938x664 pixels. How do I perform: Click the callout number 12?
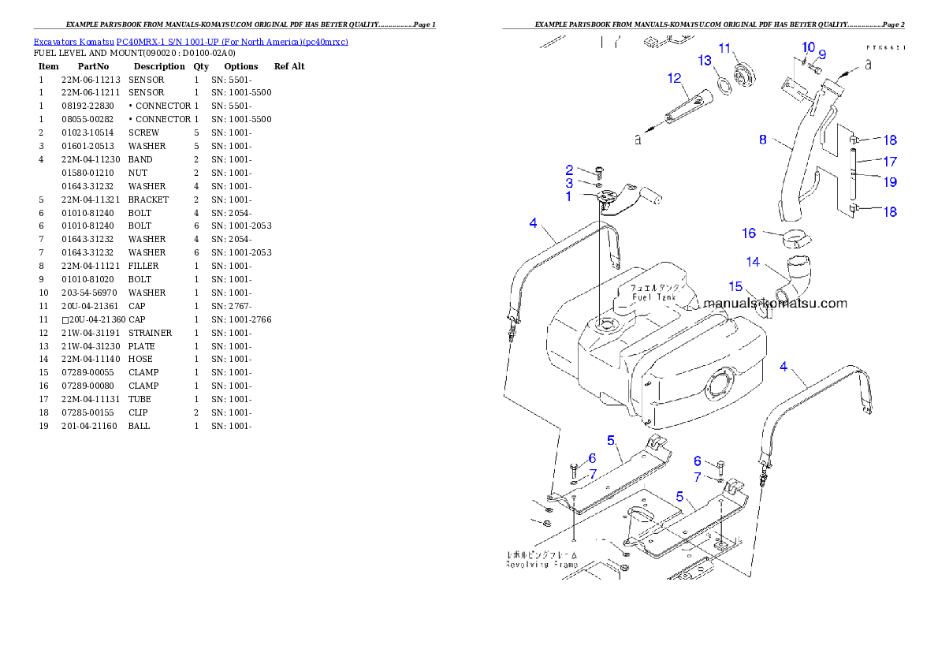pyautogui.click(x=673, y=78)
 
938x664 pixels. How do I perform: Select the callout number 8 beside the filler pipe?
pyautogui.click(x=762, y=140)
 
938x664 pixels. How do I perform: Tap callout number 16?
pyautogui.click(x=749, y=233)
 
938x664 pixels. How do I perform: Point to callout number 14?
pyautogui.click(x=754, y=261)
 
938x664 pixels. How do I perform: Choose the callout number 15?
pyautogui.click(x=735, y=286)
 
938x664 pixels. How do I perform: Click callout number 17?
pyautogui.click(x=890, y=162)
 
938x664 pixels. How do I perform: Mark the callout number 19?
pyautogui.click(x=890, y=182)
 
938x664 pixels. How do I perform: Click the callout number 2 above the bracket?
pyautogui.click(x=569, y=170)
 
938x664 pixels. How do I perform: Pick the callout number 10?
pyautogui.click(x=809, y=47)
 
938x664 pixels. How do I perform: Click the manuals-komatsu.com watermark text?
pyautogui.click(x=775, y=303)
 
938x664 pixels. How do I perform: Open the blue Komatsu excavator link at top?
pyautogui.click(x=191, y=41)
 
